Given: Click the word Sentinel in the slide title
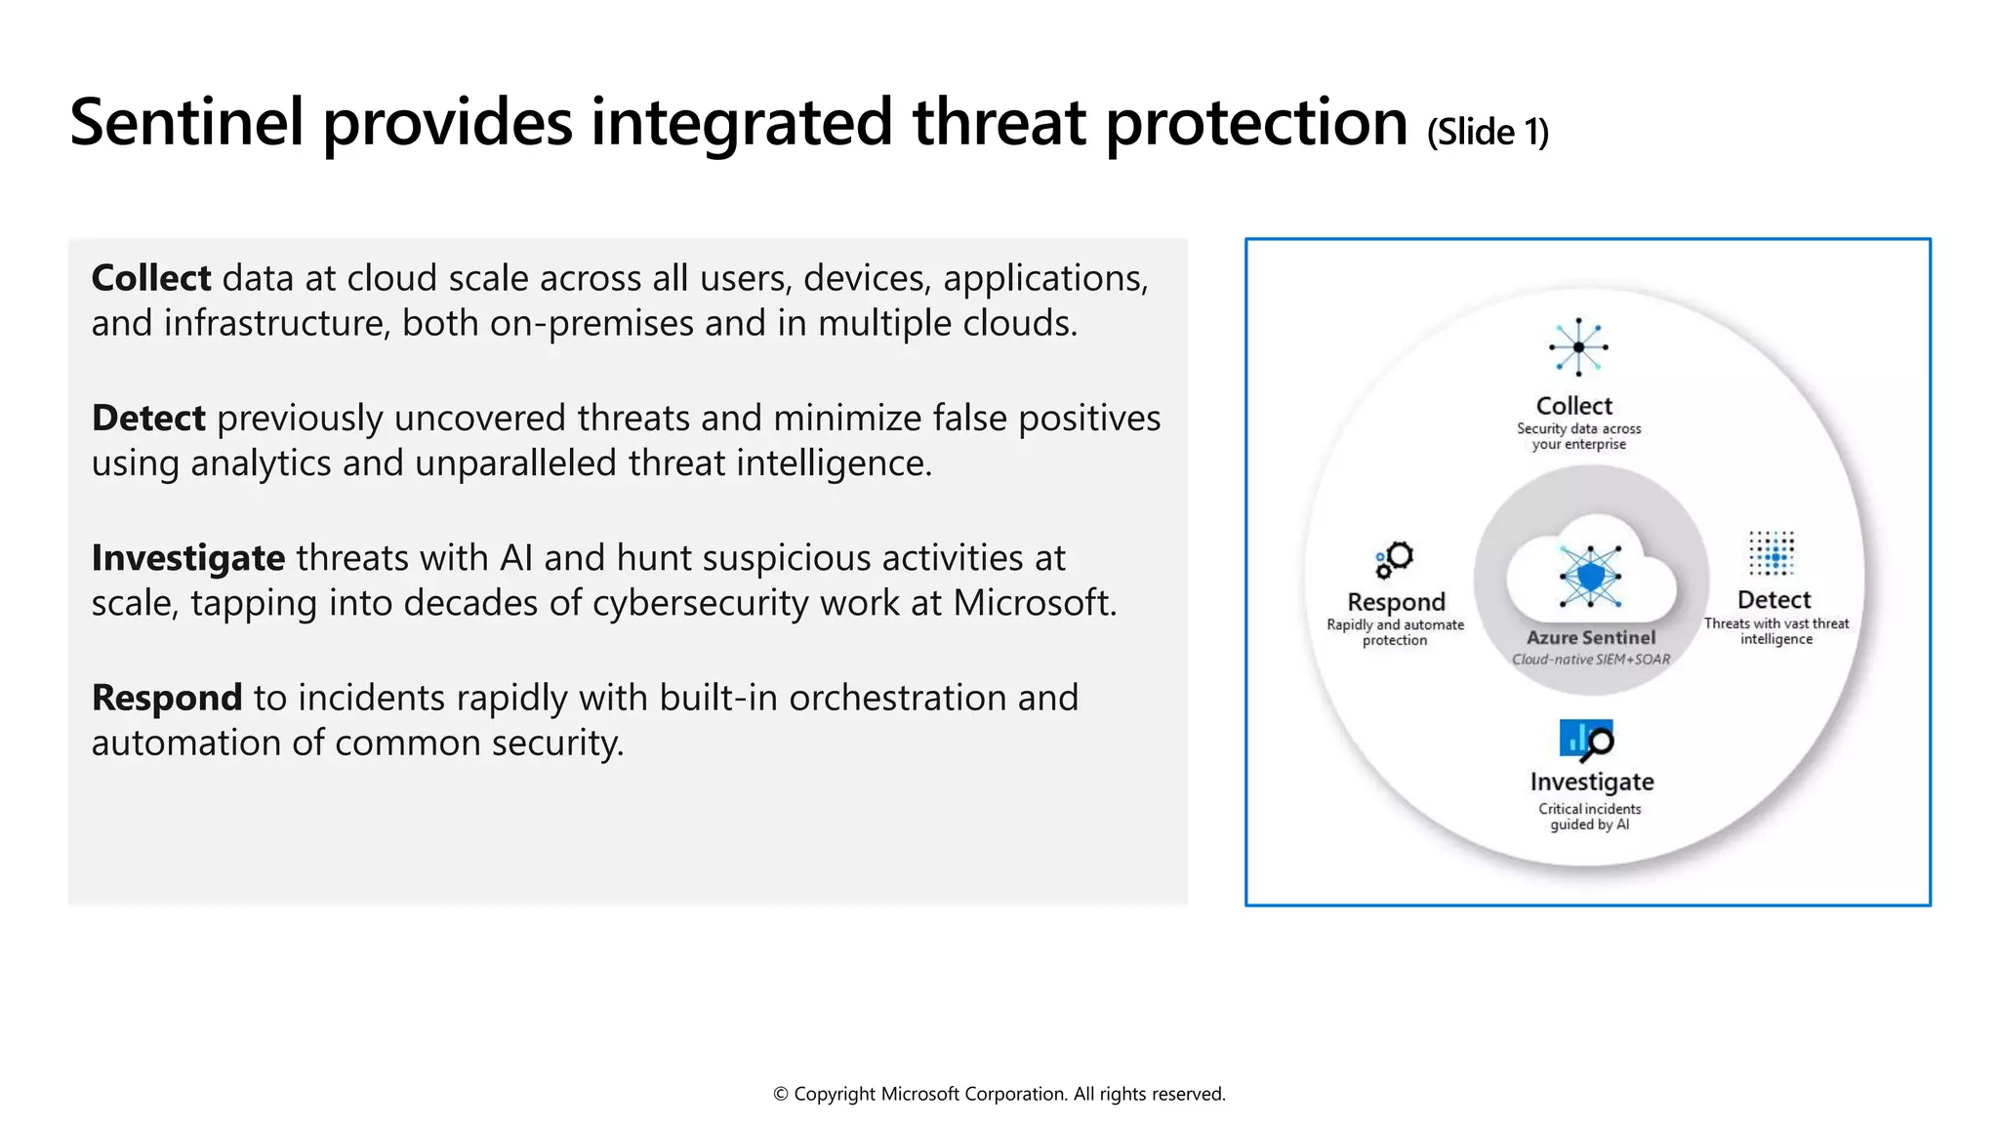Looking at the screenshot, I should tap(186, 123).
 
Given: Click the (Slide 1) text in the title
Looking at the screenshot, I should tap(1488, 132).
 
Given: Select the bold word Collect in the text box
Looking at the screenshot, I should tap(151, 278).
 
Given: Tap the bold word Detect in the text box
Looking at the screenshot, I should tap(148, 418).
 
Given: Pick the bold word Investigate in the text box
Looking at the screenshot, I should tap(188, 558).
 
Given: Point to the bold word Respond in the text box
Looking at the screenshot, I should tap(166, 698).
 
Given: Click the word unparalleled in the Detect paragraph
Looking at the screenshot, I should tap(515, 463).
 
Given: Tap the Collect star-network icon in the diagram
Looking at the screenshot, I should tap(1578, 347).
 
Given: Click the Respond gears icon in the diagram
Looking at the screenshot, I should tap(1395, 559).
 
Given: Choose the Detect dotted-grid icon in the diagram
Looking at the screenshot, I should tap(1772, 554).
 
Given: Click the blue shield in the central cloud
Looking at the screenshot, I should tap(1591, 576).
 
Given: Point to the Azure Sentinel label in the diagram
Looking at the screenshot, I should tap(1591, 637).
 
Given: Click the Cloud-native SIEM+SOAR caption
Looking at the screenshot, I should tap(1591, 660).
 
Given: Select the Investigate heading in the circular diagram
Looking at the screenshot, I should tap(1592, 782).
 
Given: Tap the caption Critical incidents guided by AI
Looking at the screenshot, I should tap(1590, 817).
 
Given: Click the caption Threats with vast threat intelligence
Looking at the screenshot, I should tap(1776, 631).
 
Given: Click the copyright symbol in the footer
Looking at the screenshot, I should tap(781, 1095).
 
